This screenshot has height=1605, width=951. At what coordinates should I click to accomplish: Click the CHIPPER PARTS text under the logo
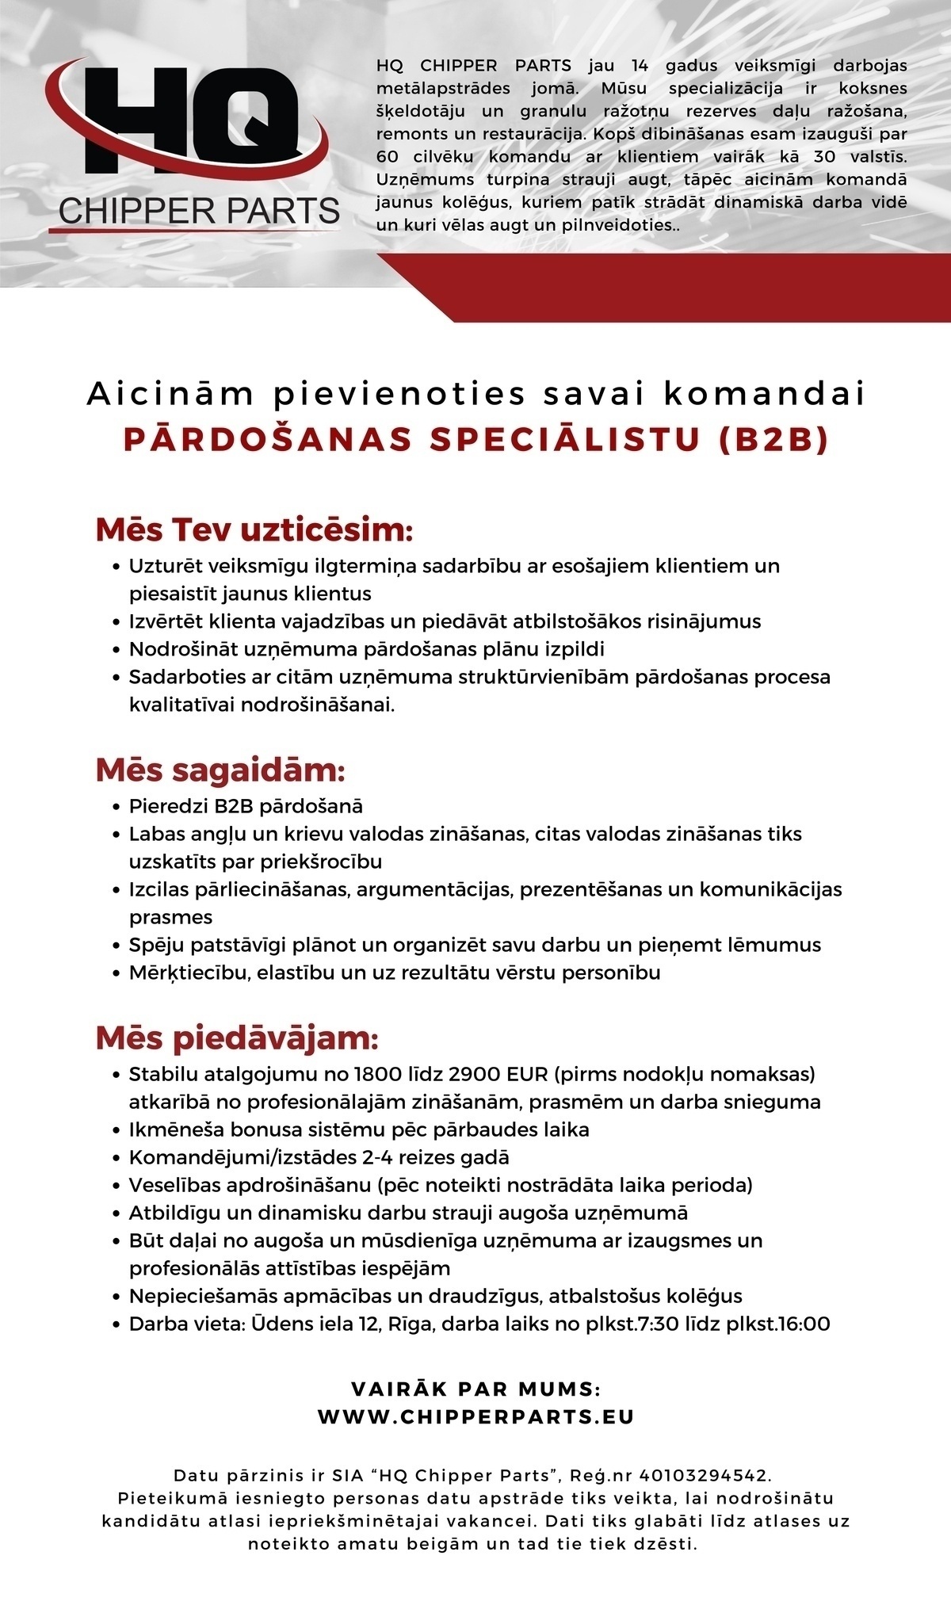coord(199,211)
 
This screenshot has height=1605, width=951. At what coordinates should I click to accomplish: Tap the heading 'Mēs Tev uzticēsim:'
coord(254,530)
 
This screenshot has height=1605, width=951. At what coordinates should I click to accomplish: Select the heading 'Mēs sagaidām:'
coord(220,770)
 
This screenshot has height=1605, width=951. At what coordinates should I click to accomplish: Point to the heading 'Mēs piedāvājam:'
coord(237,1038)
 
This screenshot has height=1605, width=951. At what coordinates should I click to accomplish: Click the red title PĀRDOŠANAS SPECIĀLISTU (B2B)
coord(475,440)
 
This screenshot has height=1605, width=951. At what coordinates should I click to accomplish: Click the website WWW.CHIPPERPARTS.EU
coord(475,1416)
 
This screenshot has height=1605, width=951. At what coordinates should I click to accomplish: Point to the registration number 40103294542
coord(704,1475)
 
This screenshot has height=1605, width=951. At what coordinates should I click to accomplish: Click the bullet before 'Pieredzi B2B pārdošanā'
coord(116,807)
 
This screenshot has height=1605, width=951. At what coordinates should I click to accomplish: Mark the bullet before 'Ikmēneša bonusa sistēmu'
coord(116,1130)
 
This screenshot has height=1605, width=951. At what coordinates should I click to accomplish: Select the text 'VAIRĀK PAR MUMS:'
coord(475,1389)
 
